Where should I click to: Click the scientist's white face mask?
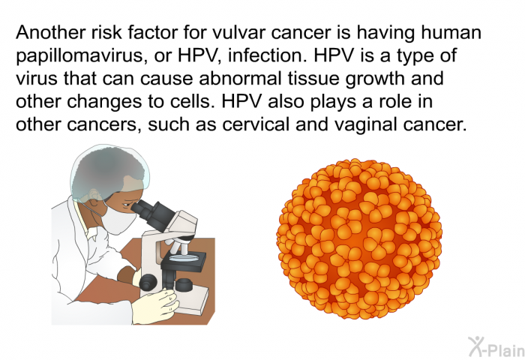click(x=117, y=217)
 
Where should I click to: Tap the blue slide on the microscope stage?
click(x=183, y=257)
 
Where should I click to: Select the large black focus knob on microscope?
click(x=148, y=282)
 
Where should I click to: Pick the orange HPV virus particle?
click(x=359, y=239)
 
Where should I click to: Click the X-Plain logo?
click(x=496, y=346)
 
